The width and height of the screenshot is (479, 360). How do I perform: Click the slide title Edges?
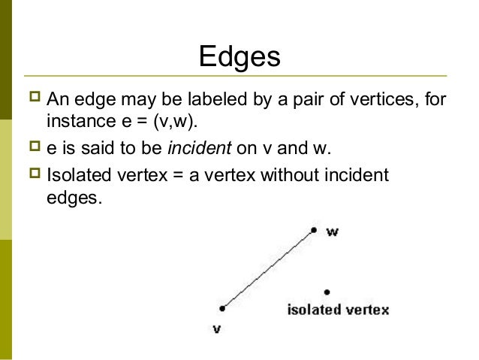pos(239,57)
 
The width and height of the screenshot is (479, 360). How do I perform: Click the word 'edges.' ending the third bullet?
pos(73,200)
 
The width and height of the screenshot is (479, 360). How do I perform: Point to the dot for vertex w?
pos(315,229)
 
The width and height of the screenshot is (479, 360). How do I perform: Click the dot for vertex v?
pos(223,307)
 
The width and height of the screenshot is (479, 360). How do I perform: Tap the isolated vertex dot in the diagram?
pos(327,292)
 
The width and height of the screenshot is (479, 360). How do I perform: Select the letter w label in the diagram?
pos(332,232)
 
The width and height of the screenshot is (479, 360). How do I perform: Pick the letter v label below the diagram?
pos(216,328)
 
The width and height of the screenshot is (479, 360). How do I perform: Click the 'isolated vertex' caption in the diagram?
pos(338,310)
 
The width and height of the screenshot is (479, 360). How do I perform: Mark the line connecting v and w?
pos(269,268)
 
